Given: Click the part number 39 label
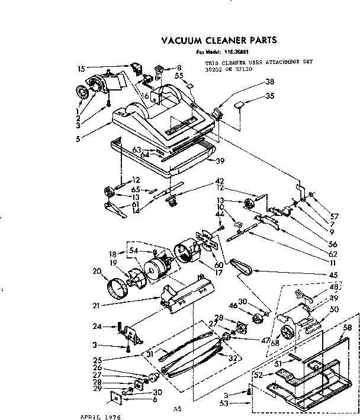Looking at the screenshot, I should tap(220, 160).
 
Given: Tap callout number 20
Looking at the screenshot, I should tap(97, 271).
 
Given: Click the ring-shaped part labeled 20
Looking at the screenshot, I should tap(117, 290).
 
